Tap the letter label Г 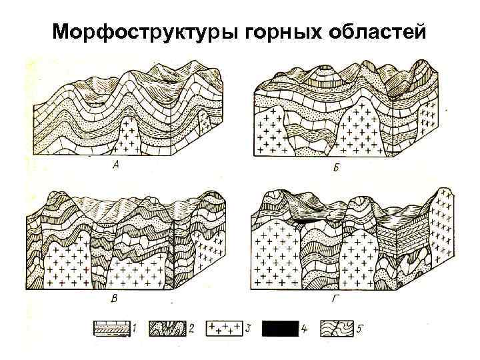pyautogui.click(x=332, y=300)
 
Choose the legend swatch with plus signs pyautogui.click(x=225, y=329)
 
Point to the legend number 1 pyautogui.click(x=135, y=329)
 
